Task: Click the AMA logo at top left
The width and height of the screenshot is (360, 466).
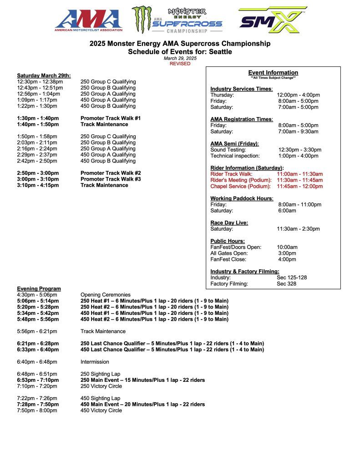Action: click(89, 20)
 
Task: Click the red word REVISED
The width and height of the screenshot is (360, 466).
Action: click(180, 64)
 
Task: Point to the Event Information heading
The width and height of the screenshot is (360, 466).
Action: click(273, 72)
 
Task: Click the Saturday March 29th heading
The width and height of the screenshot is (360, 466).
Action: click(44, 76)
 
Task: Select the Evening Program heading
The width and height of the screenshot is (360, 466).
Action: click(39, 289)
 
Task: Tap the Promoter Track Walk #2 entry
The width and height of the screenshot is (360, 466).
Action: click(111, 173)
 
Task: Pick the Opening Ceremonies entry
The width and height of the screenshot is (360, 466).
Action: click(105, 295)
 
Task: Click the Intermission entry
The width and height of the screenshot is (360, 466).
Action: click(95, 362)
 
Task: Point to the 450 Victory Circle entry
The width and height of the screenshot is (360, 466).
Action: click(101, 410)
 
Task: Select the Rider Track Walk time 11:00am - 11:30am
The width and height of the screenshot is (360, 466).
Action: click(299, 174)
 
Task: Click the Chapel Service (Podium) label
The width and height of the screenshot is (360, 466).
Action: click(241, 186)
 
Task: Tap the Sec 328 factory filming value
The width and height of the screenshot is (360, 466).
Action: click(287, 284)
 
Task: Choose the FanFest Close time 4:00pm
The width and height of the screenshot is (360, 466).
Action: click(287, 259)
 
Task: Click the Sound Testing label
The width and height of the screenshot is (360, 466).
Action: click(228, 150)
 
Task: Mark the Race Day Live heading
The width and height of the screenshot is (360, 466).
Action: click(229, 223)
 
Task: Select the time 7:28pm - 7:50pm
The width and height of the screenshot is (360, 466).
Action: click(38, 404)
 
